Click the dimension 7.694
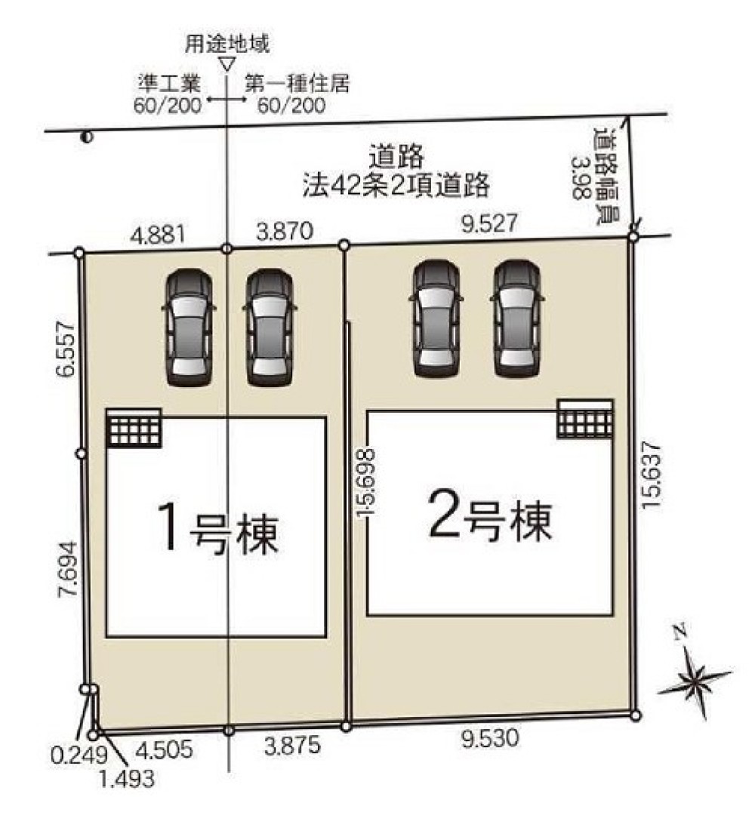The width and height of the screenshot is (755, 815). pos(66,570)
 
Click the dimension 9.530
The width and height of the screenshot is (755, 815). pos(491,739)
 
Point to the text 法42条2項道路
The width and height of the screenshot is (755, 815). pos(396,182)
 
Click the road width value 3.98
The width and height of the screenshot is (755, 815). pos(582,178)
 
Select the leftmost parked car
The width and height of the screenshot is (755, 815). pos(189,327)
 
